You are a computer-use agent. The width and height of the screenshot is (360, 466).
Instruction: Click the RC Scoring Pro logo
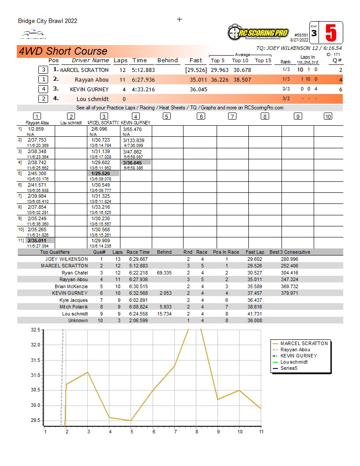tap(258, 32)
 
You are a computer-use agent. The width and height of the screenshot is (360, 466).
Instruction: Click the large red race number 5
tap(331, 33)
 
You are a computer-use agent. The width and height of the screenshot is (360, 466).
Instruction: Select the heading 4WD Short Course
tap(63, 51)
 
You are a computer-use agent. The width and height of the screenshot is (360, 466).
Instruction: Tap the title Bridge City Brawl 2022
tap(48, 21)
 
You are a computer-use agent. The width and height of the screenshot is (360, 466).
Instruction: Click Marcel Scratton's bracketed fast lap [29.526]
tap(196, 70)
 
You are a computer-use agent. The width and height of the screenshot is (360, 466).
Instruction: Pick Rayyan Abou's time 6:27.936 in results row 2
tap(143, 79)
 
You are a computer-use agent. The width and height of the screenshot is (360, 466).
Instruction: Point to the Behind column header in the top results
tap(168, 60)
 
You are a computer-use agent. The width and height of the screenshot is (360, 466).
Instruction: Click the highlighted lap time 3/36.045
tap(132, 163)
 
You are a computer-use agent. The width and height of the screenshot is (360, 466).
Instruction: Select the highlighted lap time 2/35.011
tap(37, 241)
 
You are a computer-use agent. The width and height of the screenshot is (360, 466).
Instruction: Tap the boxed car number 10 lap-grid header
tap(328, 116)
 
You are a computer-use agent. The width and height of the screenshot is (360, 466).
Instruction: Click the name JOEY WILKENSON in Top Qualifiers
tap(67, 259)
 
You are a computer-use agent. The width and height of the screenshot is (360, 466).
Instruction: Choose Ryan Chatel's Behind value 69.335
tap(164, 273)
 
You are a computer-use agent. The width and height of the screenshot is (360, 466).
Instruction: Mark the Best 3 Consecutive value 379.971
tap(289, 293)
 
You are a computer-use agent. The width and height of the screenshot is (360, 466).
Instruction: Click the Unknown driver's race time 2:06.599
tap(139, 320)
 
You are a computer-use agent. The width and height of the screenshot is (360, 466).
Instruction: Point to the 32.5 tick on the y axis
tap(36, 330)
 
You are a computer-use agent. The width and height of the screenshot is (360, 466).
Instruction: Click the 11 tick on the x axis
tap(261, 432)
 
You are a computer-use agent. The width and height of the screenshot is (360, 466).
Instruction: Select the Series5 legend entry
tap(289, 368)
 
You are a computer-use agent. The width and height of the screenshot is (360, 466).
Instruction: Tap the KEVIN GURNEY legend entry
tap(299, 356)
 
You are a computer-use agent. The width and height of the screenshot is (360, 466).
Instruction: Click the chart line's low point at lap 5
tap(131, 421)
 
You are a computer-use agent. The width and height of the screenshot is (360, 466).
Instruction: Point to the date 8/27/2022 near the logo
tap(300, 40)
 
